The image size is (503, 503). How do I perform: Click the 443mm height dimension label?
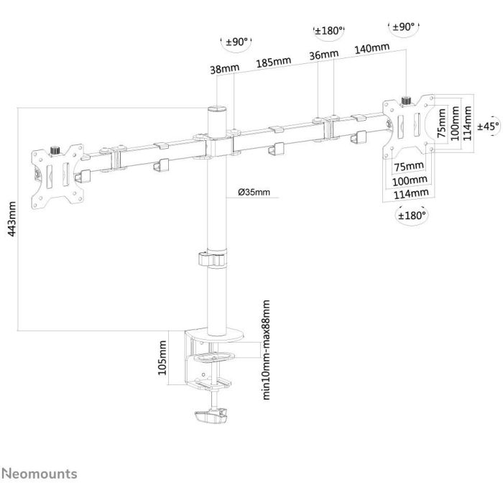coord(12,218)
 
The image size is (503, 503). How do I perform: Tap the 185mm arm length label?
coord(274,63)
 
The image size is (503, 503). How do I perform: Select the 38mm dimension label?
coord(224,69)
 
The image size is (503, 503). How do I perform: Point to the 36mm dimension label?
coord(323,55)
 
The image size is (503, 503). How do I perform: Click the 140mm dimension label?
coord(372,48)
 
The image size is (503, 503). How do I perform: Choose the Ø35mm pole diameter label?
coord(254,192)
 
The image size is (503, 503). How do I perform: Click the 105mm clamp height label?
coord(162,357)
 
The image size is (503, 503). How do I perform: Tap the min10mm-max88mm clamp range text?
coord(267,350)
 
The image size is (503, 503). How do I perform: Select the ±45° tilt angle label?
coord(488,126)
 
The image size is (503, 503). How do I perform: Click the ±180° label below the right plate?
coord(412,216)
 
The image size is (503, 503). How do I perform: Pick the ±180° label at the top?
coord(329,31)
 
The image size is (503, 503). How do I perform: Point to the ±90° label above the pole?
coord(236,42)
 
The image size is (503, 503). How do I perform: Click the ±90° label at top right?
coord(404,27)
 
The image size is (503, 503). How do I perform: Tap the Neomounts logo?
coord(40,474)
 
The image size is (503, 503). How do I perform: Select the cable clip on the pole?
coord(213,259)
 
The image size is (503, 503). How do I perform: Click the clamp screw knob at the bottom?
coord(211,416)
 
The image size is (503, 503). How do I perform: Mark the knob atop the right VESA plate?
coord(407,101)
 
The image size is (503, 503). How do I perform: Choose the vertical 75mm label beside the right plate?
coord(442,123)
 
